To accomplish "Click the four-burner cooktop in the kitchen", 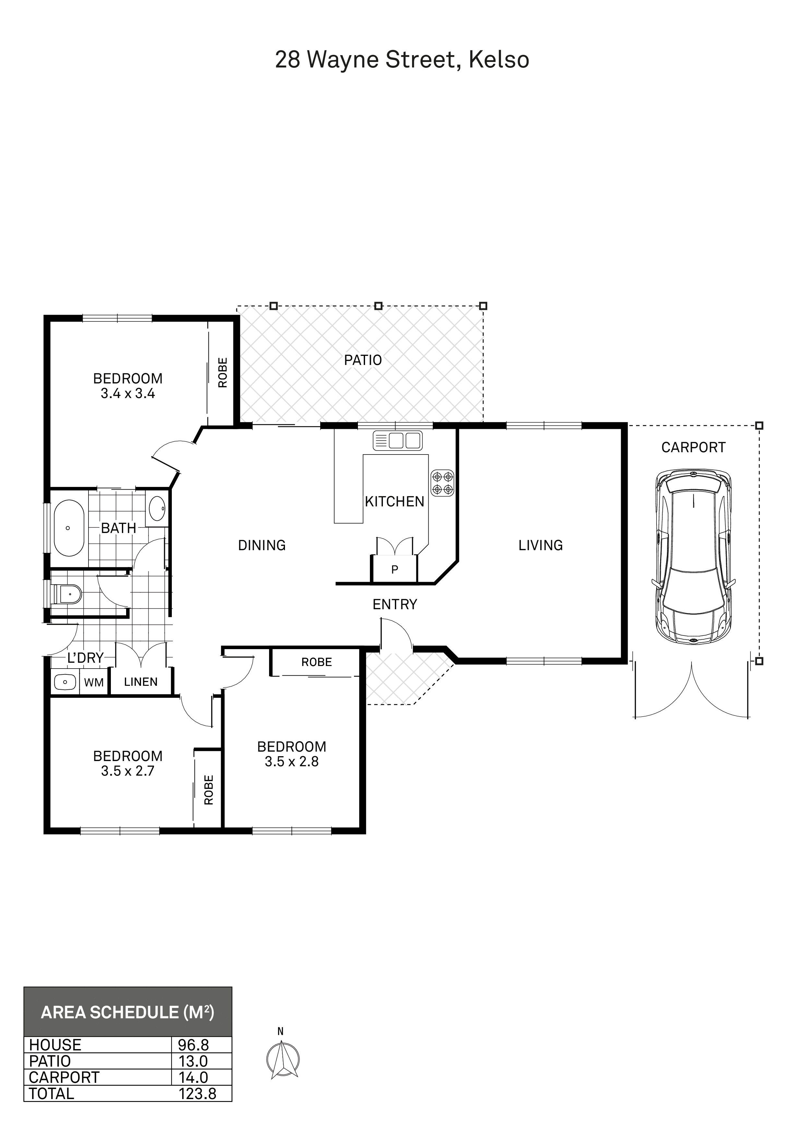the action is tap(443, 483).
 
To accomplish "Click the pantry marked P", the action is tap(395, 570).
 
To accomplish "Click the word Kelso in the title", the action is tap(499, 60).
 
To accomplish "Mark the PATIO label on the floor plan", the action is tap(363, 360).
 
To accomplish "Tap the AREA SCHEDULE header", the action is tap(127, 1012).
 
